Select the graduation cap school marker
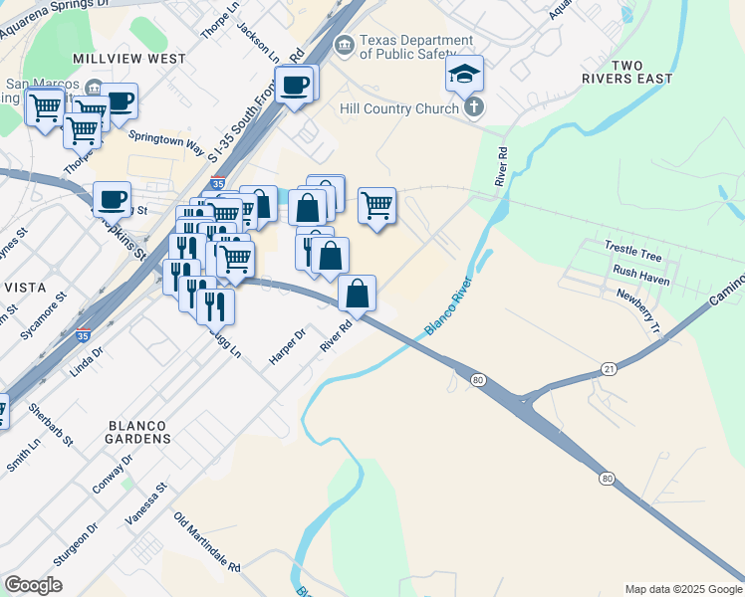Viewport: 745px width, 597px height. click(464, 75)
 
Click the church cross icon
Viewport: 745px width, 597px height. click(474, 108)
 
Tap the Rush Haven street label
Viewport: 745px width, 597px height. click(641, 272)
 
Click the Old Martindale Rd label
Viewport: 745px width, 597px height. click(207, 542)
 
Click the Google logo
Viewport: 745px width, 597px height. click(33, 585)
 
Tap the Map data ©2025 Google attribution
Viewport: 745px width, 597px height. click(682, 589)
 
